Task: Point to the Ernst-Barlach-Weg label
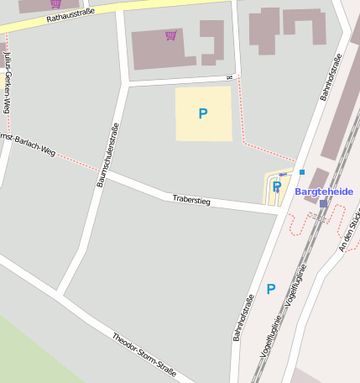point(28,144)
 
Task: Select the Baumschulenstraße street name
point(107,155)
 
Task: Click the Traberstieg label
point(191,200)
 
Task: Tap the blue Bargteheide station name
point(324,191)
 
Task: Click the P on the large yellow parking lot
point(202,113)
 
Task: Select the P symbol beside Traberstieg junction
point(277,186)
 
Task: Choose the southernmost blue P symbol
point(270,289)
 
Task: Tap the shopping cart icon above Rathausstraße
point(55,3)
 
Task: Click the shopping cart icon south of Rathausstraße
point(171,35)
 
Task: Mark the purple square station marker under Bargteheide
point(323,203)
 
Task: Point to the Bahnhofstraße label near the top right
point(331,77)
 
